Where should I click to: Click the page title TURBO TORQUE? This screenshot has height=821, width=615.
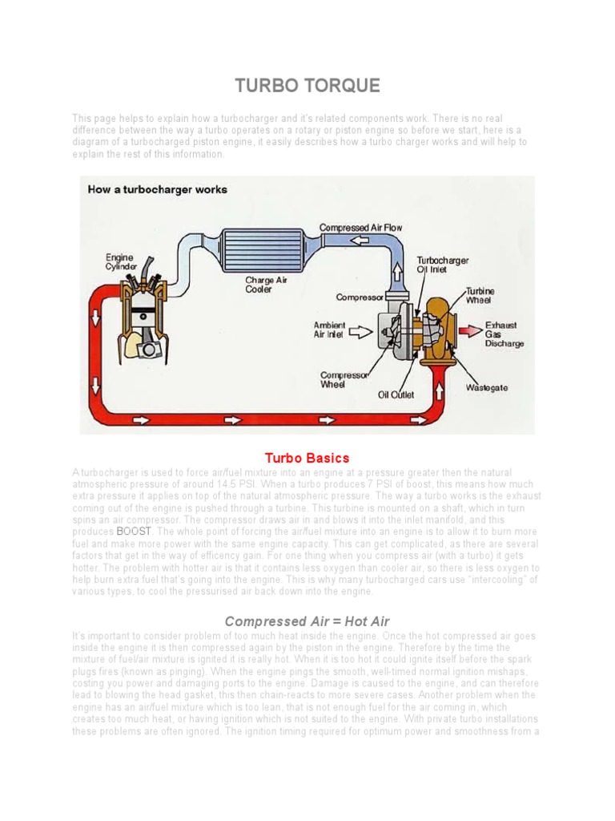(307, 86)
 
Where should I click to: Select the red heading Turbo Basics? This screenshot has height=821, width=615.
(307, 458)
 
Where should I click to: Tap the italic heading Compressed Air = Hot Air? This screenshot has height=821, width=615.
(307, 621)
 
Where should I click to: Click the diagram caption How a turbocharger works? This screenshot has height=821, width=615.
(157, 190)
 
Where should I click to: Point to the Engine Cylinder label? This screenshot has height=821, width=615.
(121, 262)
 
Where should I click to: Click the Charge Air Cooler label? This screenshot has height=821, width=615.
(266, 285)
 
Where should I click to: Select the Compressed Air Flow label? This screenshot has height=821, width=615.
(360, 228)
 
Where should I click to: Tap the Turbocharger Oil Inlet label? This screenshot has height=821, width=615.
(443, 265)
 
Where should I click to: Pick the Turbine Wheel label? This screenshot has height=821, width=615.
(480, 296)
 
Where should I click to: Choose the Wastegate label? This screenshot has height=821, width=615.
(487, 387)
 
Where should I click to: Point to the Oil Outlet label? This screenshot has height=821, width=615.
(396, 394)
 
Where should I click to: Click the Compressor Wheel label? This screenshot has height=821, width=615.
(344, 379)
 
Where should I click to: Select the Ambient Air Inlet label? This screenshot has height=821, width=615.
(329, 330)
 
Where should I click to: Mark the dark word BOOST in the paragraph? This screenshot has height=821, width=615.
(133, 532)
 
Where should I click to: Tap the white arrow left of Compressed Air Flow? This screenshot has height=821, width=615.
(356, 240)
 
